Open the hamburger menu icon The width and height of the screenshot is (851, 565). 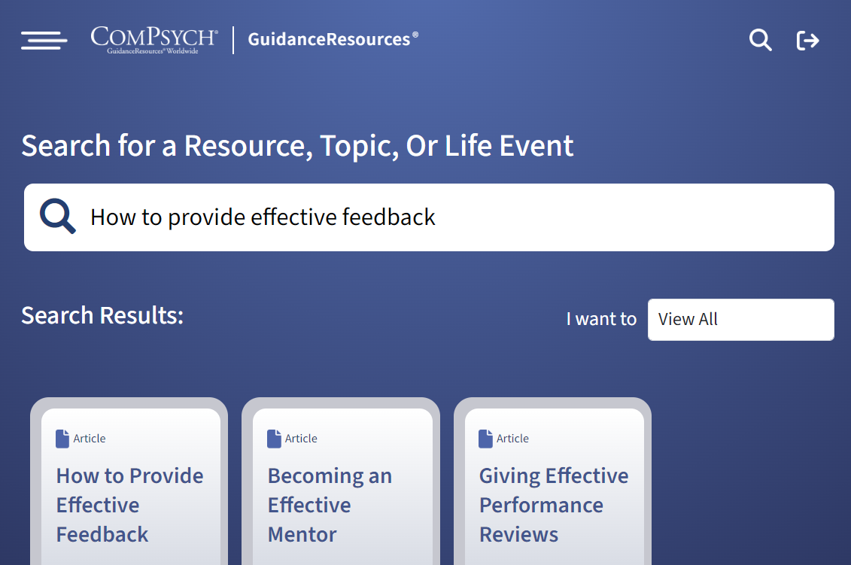click(x=44, y=40)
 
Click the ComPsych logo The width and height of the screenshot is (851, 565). click(x=154, y=40)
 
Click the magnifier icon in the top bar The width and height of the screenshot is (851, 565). click(x=761, y=40)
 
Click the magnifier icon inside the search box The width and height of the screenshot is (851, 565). click(x=57, y=216)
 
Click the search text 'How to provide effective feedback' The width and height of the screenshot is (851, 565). click(x=263, y=217)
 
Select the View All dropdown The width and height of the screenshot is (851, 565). click(x=741, y=319)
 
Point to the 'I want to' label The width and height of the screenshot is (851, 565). click(x=601, y=319)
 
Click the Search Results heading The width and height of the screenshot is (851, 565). click(x=102, y=315)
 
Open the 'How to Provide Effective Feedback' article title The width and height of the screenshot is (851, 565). click(x=129, y=506)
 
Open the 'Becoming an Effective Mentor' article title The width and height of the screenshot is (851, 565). click(x=330, y=506)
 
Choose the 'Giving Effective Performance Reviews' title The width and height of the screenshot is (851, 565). click(x=554, y=506)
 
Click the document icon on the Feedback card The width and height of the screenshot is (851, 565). click(x=62, y=439)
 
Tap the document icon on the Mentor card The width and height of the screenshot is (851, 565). click(x=274, y=439)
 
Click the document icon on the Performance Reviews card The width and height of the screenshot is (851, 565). click(x=486, y=439)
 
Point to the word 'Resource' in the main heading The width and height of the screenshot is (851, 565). click(x=248, y=146)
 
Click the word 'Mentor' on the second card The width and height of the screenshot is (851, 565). click(x=302, y=535)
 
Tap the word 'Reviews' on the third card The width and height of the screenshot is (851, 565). click(x=519, y=535)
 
